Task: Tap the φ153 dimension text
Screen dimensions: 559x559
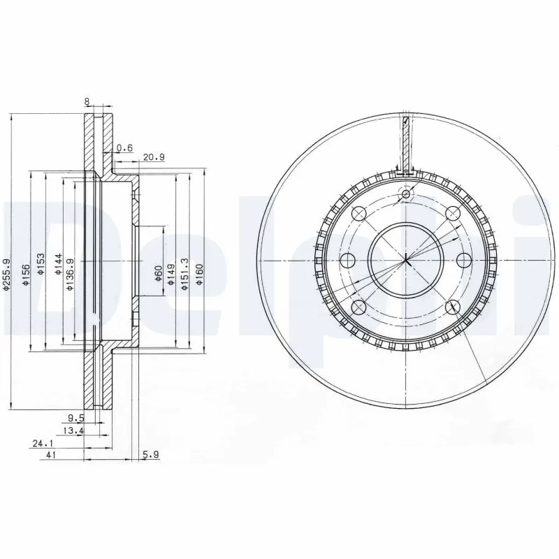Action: pos(41,266)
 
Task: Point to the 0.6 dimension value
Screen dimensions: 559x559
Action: pos(125,147)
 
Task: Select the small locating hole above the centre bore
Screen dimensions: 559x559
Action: pos(407,195)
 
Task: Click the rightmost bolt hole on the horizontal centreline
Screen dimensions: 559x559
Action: pos(463,260)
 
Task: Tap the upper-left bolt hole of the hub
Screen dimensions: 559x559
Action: pos(359,214)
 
